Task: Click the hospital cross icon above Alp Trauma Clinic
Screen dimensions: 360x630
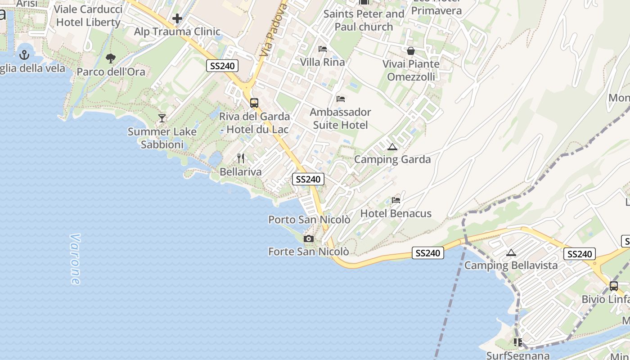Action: tap(177, 18)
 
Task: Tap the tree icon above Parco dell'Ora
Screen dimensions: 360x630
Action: tap(110, 58)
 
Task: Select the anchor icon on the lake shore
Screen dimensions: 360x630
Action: tap(24, 55)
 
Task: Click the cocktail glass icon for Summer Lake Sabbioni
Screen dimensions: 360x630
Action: tap(162, 118)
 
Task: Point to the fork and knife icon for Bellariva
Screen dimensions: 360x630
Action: tap(241, 158)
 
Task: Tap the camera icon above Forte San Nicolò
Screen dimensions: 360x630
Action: tap(308, 238)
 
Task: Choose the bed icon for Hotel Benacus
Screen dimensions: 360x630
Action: tap(396, 200)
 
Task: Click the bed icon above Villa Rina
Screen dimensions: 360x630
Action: tap(323, 49)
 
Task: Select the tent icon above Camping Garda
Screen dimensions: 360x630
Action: tap(392, 147)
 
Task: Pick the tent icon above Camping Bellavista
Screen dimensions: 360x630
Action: tap(511, 252)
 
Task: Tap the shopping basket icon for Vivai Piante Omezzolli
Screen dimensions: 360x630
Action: tap(411, 51)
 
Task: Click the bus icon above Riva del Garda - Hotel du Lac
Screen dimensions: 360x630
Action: tap(254, 103)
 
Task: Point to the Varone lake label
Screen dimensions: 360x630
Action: tap(75, 259)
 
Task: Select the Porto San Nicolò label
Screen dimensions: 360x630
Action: tap(309, 220)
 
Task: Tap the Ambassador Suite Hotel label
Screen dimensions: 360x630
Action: tap(340, 118)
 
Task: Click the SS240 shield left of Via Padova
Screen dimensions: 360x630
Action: tap(222, 66)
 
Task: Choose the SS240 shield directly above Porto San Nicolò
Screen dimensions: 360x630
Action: tap(308, 179)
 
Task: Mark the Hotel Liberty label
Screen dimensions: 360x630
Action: tap(88, 22)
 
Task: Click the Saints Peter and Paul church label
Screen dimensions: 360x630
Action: tap(364, 20)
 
